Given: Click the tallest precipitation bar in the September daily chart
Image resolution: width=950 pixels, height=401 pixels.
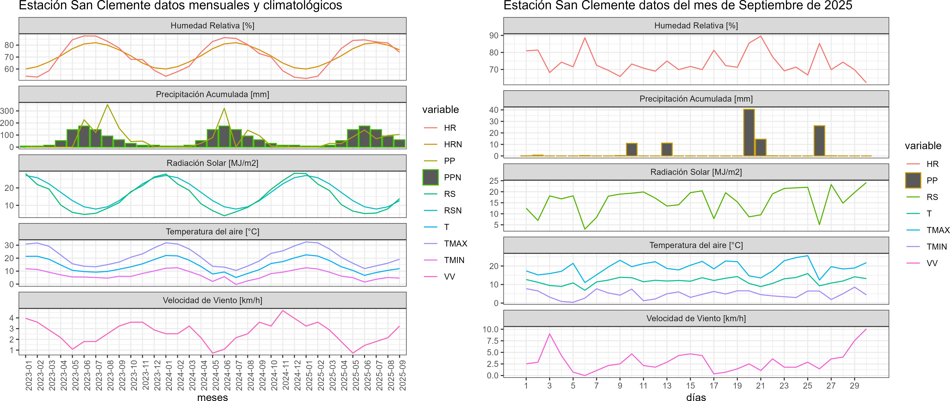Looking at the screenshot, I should click(749, 133).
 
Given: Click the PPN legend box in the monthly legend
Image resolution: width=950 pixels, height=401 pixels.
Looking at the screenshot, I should click(430, 177).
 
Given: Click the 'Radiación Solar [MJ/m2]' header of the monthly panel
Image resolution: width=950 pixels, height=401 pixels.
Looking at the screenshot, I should click(212, 163).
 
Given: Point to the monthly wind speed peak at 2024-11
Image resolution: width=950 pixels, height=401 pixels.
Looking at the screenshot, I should click(283, 311).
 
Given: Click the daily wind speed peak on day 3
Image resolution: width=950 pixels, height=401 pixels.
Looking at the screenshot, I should click(549, 334).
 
